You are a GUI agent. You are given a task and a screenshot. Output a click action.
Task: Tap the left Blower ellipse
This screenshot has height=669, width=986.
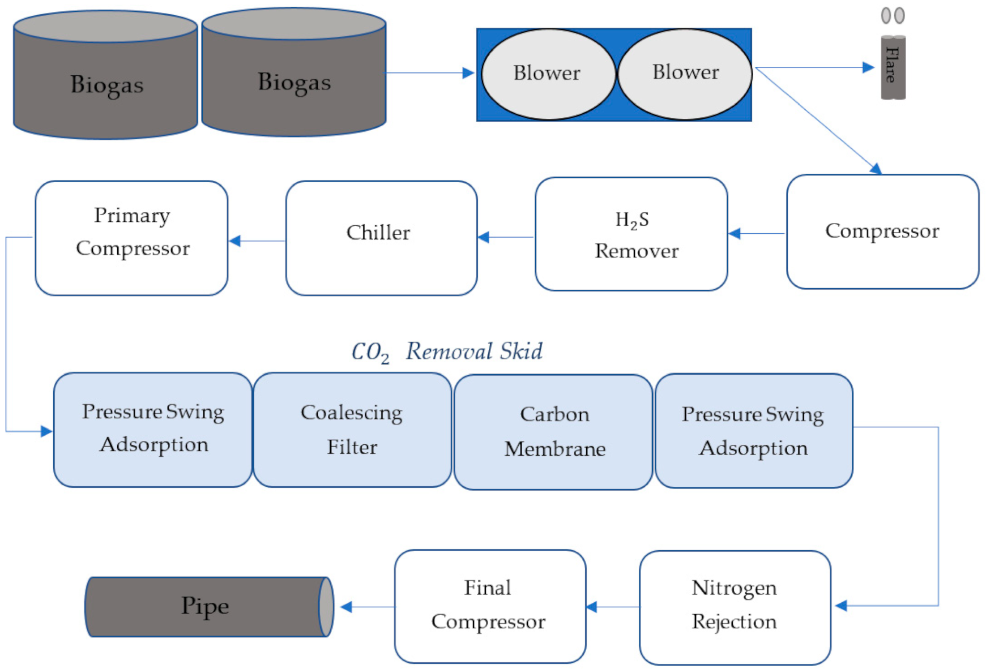tap(548, 74)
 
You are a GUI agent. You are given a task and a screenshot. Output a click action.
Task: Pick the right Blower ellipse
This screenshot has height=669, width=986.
tap(685, 74)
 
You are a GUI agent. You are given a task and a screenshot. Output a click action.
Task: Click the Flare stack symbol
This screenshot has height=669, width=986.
tap(893, 66)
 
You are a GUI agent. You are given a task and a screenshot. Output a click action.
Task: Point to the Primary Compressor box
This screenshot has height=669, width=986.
tap(131, 238)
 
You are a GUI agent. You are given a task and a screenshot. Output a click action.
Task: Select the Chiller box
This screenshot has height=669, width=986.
tap(381, 238)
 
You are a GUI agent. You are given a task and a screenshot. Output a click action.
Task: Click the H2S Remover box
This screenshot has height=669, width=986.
tap(631, 234)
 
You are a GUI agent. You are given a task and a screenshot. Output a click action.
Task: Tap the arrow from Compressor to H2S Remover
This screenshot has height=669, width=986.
tap(757, 233)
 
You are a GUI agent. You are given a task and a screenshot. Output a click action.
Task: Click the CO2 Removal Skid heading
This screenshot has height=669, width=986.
tap(447, 351)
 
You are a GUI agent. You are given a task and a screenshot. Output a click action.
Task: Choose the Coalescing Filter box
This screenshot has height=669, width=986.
tap(352, 430)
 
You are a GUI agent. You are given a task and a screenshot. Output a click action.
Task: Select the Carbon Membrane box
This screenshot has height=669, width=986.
tap(553, 432)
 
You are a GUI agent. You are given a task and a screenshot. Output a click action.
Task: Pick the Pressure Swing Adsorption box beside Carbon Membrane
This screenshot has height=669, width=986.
tap(754, 431)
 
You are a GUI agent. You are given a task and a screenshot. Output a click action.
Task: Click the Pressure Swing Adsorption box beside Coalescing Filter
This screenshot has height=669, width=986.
tap(153, 430)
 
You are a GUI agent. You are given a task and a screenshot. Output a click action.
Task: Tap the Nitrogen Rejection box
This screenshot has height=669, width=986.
tap(735, 607)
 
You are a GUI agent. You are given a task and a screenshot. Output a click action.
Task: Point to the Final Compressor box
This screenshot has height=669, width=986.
tap(490, 606)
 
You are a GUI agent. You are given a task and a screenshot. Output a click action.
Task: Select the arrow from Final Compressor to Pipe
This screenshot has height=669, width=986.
tap(368, 607)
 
